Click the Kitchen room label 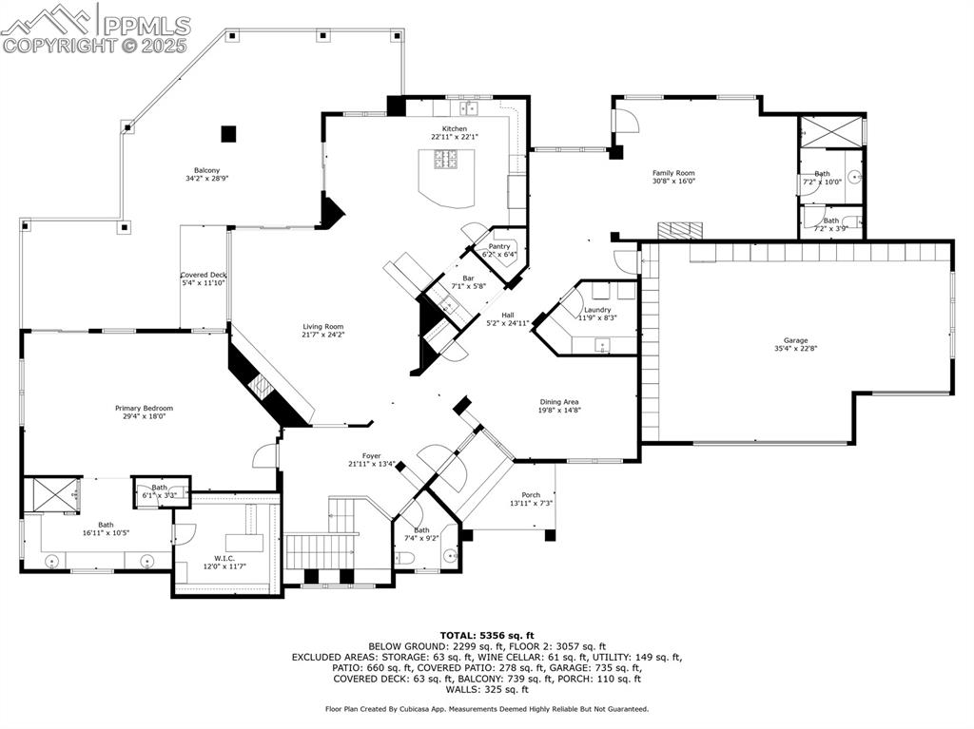pos(454,128)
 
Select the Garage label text pos(795,340)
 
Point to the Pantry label pos(499,246)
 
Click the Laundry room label pos(597,310)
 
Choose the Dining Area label pos(559,402)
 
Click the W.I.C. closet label pos(224,558)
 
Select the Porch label pos(531,495)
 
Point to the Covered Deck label pos(204,275)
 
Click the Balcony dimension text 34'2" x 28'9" pos(207,179)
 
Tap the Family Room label pos(673,173)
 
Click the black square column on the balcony pos(228,134)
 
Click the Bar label pos(468,278)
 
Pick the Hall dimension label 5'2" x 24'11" pos(507,323)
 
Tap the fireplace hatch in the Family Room pos(680,230)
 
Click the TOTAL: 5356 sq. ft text pos(486,635)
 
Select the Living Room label pos(323,327)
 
